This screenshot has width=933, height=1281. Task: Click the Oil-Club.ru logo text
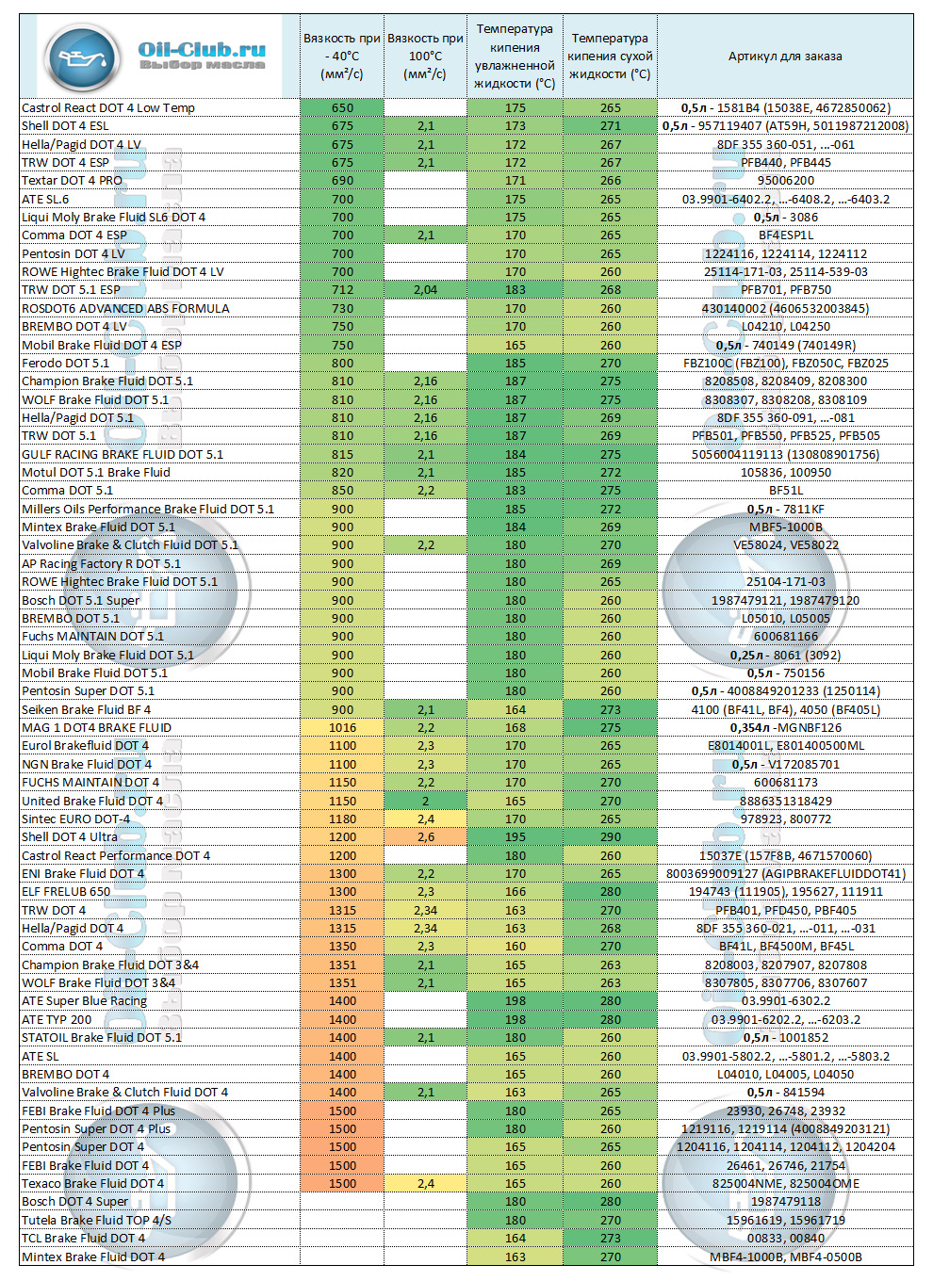tap(202, 51)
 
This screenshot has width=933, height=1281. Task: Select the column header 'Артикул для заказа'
tap(784, 57)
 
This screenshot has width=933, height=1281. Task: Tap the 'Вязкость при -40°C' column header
tap(341, 57)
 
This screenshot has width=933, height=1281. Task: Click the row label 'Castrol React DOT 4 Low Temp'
tap(108, 108)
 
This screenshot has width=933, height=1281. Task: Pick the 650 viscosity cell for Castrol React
tap(342, 108)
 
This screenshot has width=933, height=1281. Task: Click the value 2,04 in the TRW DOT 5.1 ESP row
tap(425, 290)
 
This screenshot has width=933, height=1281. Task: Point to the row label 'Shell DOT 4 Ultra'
tap(70, 837)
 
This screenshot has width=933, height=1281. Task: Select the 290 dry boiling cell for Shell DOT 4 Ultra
tap(610, 837)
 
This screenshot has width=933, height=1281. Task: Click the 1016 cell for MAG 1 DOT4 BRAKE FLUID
tap(342, 728)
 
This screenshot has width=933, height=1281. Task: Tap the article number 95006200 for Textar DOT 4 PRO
tap(785, 181)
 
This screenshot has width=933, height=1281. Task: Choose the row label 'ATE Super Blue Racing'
tap(84, 1001)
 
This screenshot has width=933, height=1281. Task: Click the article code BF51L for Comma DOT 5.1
tap(785, 491)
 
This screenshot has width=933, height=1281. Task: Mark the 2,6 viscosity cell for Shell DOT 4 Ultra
tap(425, 837)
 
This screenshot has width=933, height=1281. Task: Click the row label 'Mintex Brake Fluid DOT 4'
tap(93, 1257)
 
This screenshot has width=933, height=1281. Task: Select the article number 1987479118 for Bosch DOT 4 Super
tap(785, 1202)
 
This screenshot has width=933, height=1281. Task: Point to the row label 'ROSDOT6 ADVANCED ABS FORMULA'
tap(125, 309)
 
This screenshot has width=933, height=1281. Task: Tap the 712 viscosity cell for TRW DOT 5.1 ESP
tap(342, 290)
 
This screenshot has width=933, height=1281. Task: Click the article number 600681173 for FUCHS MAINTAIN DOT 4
tap(785, 783)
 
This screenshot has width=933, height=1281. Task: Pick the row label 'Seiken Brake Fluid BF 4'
tap(86, 710)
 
